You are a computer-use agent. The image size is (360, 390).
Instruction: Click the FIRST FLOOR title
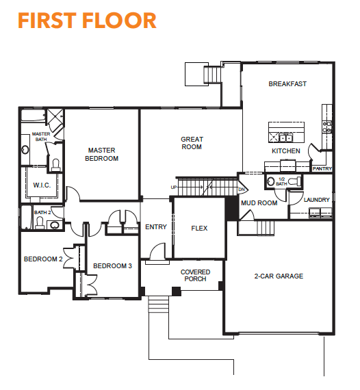pos(87,21)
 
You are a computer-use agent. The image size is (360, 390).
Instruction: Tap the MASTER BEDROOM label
pos(101,155)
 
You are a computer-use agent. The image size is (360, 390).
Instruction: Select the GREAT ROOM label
pos(192,143)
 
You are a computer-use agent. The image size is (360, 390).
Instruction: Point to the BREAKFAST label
pos(287,84)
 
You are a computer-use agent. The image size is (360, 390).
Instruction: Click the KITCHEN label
pos(286,151)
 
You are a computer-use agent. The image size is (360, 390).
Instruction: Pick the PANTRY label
pos(322,168)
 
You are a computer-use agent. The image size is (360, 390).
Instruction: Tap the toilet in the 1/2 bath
pos(295,181)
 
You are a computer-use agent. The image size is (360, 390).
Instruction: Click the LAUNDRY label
pos(316,200)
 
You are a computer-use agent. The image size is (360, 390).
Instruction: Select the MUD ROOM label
pos(259,203)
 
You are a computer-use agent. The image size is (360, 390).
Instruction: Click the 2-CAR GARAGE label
pos(279,276)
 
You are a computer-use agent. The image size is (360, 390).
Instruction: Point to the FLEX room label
pos(199,229)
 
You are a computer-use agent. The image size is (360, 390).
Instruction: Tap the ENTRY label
pos(156,227)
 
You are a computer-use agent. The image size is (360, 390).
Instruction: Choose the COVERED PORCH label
pos(195,276)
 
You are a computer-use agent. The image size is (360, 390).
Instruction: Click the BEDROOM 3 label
pos(112,266)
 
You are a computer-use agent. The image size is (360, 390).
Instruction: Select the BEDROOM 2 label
pos(43,259)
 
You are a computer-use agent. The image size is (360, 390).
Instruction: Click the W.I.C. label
pos(42,185)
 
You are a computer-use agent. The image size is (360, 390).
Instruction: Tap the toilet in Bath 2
pos(40,222)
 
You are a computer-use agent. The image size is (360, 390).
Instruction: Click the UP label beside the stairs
pos(174,187)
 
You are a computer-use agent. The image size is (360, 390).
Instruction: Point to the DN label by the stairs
pos(242,190)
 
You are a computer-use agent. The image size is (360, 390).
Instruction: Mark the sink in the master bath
pos(25,150)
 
